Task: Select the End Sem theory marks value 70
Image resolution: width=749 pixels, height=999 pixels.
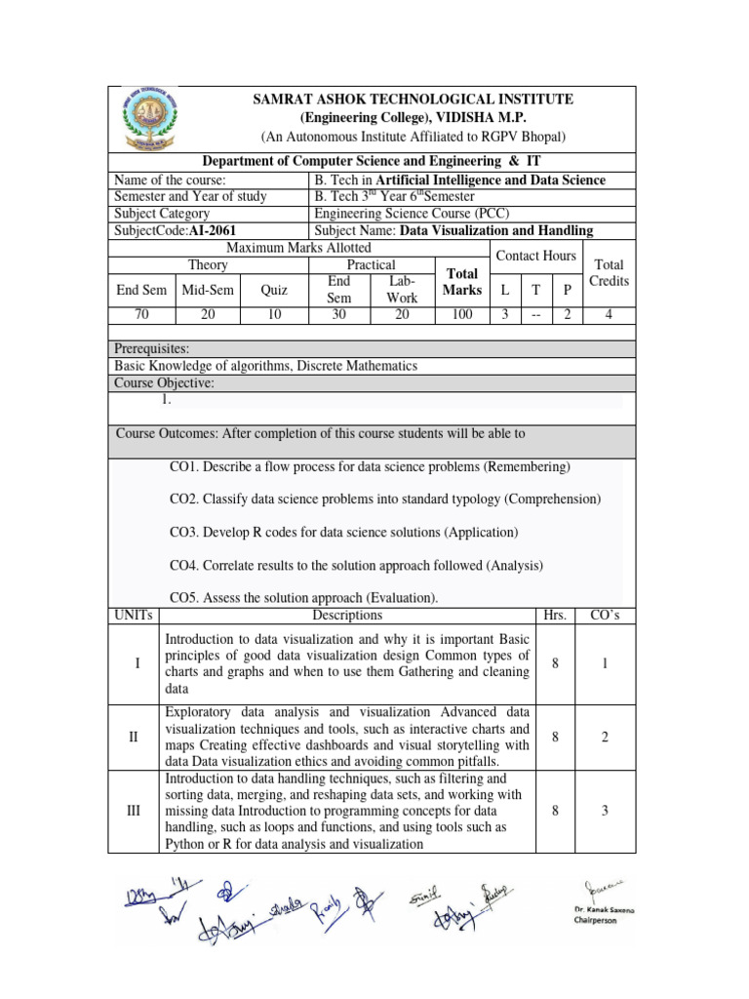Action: [141, 314]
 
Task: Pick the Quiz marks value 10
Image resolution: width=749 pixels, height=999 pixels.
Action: [274, 314]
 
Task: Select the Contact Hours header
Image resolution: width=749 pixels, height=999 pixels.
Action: [535, 256]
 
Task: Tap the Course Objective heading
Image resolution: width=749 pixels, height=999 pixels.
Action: [165, 383]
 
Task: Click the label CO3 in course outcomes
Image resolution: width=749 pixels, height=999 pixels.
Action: [184, 532]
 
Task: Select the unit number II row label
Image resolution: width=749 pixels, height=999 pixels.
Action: [134, 737]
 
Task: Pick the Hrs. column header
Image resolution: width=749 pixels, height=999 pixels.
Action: [554, 615]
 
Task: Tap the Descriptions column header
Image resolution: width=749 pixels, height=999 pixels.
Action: [347, 615]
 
